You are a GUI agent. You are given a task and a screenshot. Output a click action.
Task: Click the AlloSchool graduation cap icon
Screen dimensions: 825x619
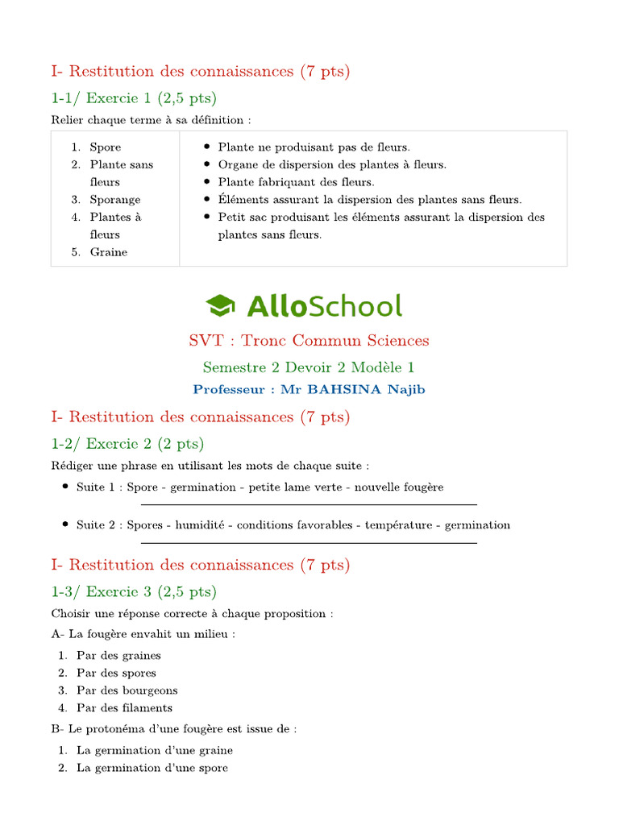(x=220, y=305)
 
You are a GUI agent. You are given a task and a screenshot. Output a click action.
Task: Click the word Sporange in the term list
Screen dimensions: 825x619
(x=115, y=200)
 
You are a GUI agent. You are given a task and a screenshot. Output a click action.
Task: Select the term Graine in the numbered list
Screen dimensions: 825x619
(x=109, y=252)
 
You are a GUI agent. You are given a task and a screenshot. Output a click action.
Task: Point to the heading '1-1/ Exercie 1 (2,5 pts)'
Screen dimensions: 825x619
(x=134, y=98)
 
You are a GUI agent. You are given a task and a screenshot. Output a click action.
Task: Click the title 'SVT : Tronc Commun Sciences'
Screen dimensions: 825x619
(x=309, y=341)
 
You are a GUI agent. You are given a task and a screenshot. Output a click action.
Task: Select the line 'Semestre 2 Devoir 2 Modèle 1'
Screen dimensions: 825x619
(x=309, y=367)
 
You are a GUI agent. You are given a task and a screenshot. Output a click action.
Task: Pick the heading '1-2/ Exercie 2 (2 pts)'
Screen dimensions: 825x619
(x=127, y=444)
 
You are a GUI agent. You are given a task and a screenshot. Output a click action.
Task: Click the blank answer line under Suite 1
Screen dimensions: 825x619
(x=309, y=505)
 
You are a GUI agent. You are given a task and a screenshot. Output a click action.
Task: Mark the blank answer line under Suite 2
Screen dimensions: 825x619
(x=309, y=543)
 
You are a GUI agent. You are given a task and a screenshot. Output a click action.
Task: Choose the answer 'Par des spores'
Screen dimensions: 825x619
(x=116, y=673)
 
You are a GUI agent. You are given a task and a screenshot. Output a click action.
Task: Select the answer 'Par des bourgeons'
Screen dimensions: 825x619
(x=127, y=690)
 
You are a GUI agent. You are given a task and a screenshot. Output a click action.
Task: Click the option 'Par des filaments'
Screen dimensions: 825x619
(x=124, y=708)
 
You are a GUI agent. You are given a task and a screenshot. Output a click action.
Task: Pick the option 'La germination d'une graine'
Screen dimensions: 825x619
(x=155, y=750)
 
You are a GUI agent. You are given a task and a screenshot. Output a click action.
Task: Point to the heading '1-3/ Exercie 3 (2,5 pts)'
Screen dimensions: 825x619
(x=134, y=592)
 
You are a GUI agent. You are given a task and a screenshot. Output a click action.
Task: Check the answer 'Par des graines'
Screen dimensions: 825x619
(x=118, y=655)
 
